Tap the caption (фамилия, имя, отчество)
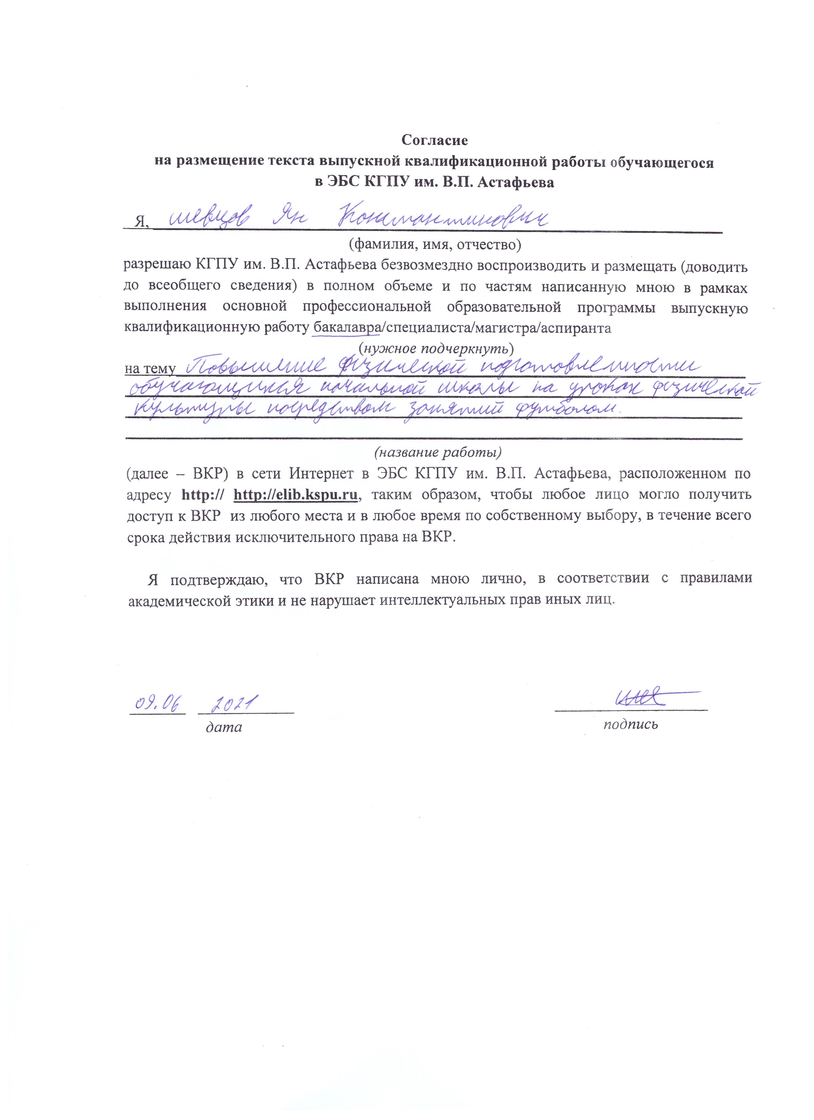click(x=435, y=244)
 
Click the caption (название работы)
click(x=438, y=452)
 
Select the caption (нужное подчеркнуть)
click(x=436, y=349)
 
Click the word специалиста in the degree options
click(x=426, y=328)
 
